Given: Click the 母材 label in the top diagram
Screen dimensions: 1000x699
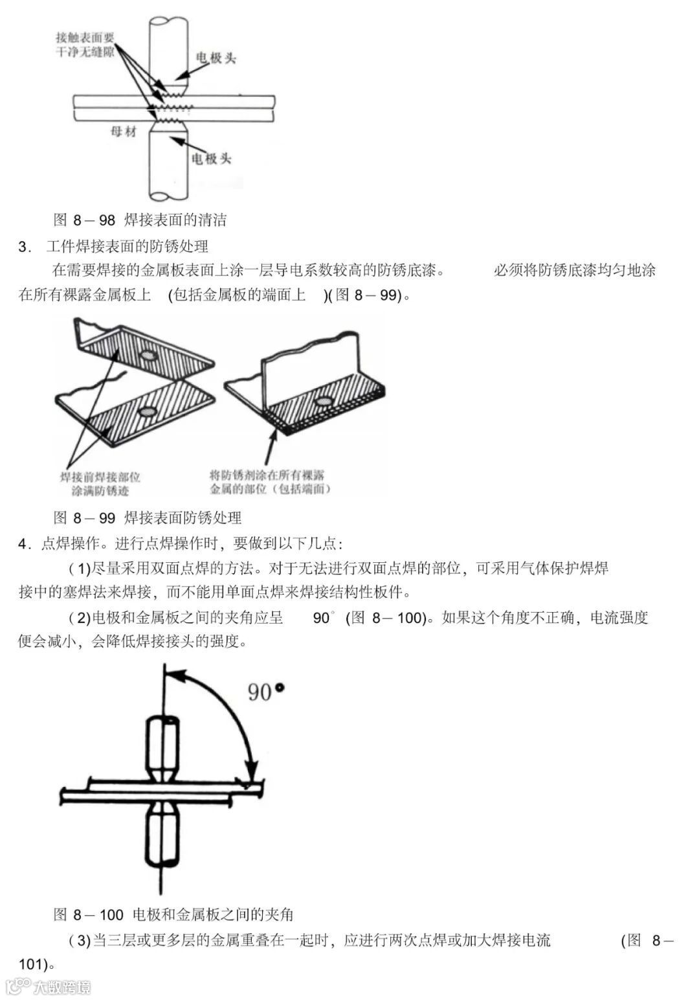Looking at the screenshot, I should click(x=124, y=131).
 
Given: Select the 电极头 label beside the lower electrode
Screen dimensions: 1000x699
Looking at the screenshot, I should click(x=212, y=158).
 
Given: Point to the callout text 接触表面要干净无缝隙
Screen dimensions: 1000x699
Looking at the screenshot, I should click(x=85, y=44).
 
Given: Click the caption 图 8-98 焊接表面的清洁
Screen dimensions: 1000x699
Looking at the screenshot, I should click(x=140, y=220).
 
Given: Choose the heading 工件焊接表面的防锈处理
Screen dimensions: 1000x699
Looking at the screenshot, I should click(x=128, y=246).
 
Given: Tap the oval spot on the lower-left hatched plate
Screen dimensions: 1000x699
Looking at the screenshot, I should click(x=149, y=411).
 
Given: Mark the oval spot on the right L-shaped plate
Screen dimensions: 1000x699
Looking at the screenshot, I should click(x=321, y=402).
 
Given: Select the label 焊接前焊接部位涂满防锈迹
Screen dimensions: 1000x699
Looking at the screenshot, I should click(x=100, y=483).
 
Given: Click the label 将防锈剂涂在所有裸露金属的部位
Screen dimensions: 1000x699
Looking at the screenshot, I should click(x=271, y=482).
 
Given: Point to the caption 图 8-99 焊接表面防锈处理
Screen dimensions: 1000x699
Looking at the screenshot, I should click(x=148, y=517).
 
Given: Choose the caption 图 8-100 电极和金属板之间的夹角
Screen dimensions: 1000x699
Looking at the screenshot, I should click(x=173, y=914).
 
